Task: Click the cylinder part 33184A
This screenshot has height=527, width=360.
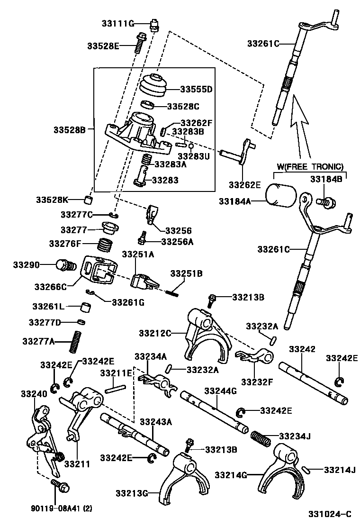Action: (x=280, y=195)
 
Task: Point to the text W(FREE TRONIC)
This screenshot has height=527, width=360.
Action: (x=310, y=166)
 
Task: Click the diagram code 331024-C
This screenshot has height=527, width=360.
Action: (x=330, y=514)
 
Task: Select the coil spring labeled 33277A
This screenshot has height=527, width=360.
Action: (x=74, y=341)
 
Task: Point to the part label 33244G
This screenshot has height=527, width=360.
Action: (x=220, y=391)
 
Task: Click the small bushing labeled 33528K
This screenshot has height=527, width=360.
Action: (x=89, y=199)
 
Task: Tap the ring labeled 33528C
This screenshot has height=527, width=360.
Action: (x=148, y=105)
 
